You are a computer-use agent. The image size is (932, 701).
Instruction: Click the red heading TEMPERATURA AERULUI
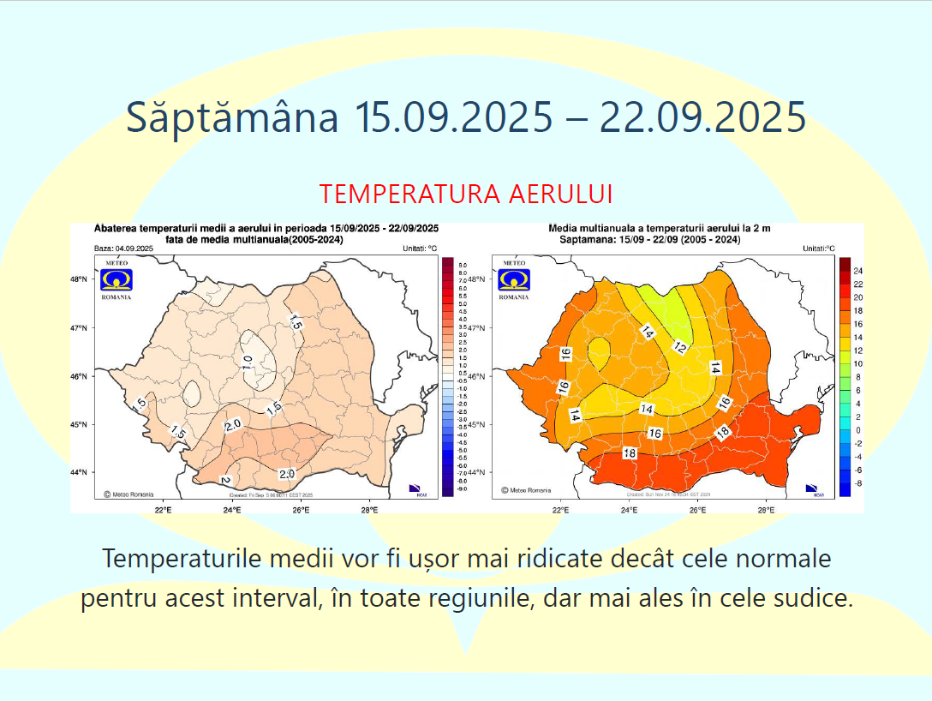pos(466,194)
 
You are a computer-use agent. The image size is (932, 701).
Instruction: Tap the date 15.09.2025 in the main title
pos(454,117)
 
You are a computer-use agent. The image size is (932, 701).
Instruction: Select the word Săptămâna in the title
pos(232,117)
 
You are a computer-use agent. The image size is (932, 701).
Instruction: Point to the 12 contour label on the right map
pos(679,347)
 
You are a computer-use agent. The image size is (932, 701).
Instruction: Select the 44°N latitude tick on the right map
pos(477,472)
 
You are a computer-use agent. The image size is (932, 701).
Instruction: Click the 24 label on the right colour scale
pos(857,272)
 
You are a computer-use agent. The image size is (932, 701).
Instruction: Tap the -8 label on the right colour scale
pos(857,483)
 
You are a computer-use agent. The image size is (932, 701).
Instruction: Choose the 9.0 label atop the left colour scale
pos(462,266)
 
